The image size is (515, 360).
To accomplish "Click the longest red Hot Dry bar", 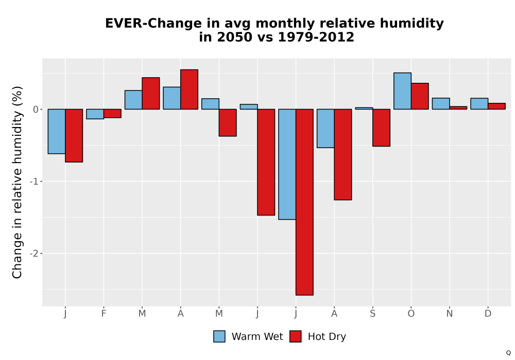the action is click(304, 202).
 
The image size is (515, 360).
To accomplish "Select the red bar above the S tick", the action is click(381, 128).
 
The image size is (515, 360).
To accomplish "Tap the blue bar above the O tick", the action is click(402, 91).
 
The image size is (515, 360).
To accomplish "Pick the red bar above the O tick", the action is click(420, 96).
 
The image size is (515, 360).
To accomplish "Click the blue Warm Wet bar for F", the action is click(95, 114).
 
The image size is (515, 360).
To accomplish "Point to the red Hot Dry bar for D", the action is click(496, 106).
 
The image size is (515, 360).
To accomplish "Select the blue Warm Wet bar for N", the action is click(441, 103).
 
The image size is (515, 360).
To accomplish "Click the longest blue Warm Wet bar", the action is click(287, 164).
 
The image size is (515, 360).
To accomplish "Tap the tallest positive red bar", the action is click(189, 89).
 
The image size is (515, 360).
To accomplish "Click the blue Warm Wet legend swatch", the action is click(219, 336).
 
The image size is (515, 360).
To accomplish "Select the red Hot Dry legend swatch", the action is click(296, 336).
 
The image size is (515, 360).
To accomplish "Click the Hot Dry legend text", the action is click(327, 337).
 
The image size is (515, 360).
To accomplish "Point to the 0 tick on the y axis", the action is click(36, 110).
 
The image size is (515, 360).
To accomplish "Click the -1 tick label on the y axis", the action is click(34, 182).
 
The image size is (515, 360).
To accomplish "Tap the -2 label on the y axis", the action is click(34, 254).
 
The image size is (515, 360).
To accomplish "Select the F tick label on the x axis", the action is click(104, 314).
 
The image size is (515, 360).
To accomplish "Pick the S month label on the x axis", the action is click(372, 314).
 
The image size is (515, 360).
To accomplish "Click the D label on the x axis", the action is click(488, 314).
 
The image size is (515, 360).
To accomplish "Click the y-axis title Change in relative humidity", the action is click(17, 182).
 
